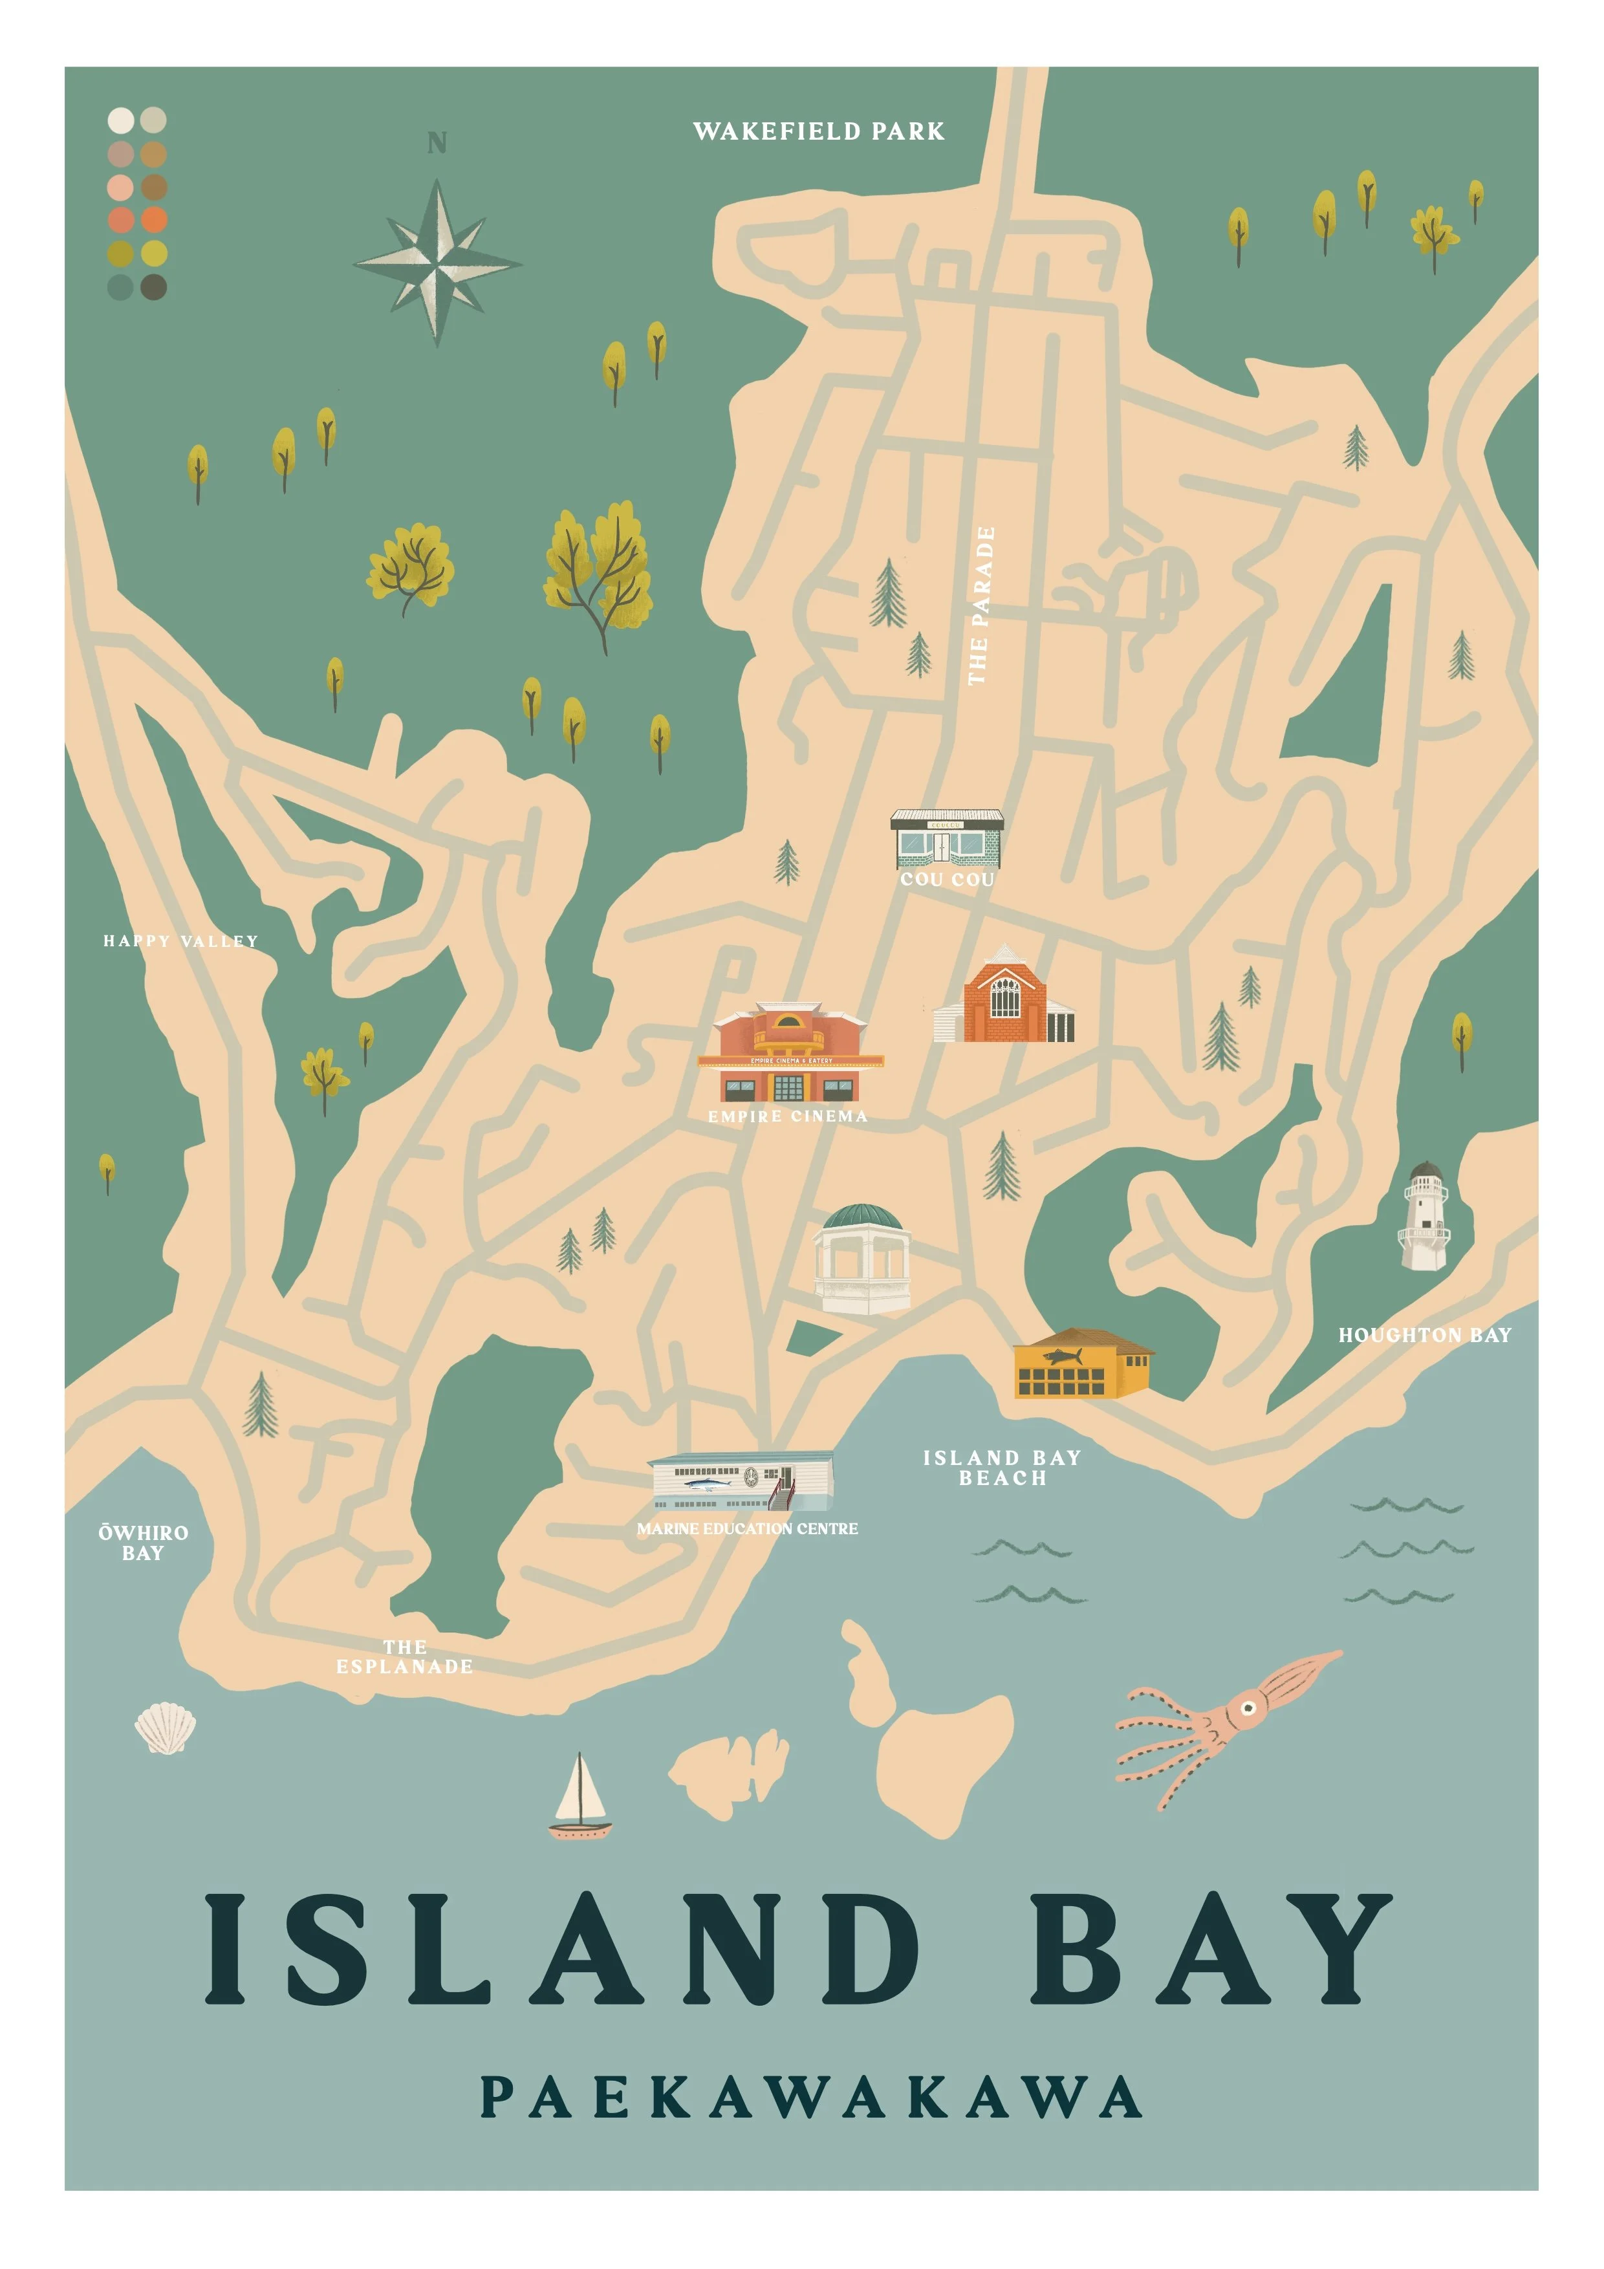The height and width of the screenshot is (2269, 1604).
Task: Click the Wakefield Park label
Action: coord(818,131)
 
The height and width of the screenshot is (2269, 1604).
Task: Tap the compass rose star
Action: coord(437,263)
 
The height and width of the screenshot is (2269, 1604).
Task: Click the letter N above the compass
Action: coord(437,144)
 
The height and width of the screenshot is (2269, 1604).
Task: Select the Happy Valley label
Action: coord(181,941)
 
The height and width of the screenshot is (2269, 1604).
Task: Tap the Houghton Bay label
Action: coord(1424,1335)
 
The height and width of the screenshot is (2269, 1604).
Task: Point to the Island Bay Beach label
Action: coord(1001,1468)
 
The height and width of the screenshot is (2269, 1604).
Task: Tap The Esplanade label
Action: coord(404,1656)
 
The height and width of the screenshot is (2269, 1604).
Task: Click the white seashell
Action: coord(165,1728)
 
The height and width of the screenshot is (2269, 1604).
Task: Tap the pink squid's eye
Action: coord(1249,1707)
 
